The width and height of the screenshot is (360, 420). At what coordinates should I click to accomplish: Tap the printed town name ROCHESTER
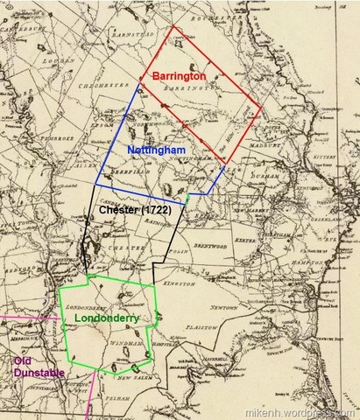[219, 17]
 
